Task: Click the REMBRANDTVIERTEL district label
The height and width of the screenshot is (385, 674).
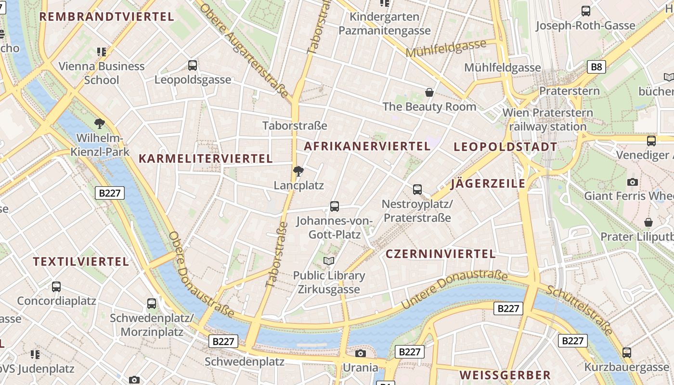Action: [106, 17]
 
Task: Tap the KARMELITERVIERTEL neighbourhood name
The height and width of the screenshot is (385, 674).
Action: [206, 158]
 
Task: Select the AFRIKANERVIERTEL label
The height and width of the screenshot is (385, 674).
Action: [367, 146]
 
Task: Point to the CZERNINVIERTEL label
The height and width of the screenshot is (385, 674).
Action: [441, 254]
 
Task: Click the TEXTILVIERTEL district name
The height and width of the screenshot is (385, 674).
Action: [81, 262]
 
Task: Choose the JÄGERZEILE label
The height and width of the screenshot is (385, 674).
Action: [488, 183]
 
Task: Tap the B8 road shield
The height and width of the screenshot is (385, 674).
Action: [596, 67]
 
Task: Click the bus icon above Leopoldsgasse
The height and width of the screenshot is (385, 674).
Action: [193, 65]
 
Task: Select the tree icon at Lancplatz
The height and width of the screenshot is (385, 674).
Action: [298, 171]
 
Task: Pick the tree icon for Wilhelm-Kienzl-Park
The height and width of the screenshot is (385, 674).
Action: [100, 124]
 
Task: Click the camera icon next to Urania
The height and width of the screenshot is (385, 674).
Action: [360, 354]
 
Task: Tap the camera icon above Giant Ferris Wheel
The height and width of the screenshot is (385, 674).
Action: [633, 182]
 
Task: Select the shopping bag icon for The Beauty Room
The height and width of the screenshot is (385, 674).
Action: [429, 92]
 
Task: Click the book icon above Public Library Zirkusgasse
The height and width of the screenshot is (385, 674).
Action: [329, 261]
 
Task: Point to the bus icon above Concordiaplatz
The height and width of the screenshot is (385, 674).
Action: [56, 287]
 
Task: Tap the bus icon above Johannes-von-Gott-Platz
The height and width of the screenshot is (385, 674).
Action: [335, 206]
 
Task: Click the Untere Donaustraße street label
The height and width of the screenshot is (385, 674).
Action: [454, 289]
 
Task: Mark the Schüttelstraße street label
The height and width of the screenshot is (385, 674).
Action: [581, 309]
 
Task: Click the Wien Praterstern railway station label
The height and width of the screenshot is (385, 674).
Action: [547, 120]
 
